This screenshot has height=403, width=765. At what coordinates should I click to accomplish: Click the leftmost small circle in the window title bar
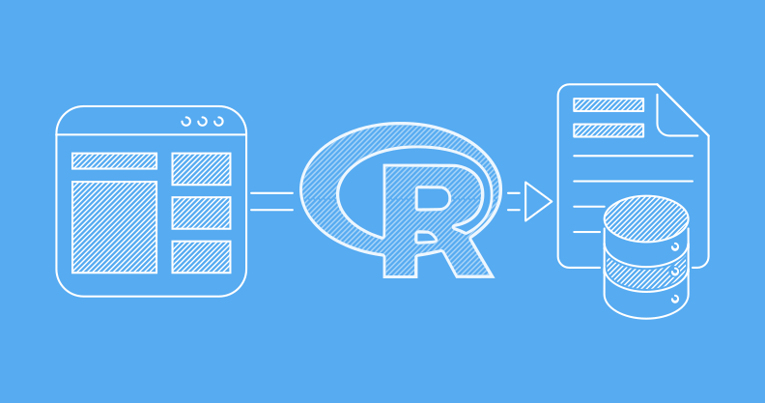tap(185, 121)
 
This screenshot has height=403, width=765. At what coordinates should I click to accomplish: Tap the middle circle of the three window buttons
tap(203, 121)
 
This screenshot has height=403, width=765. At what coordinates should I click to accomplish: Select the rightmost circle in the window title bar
tap(218, 121)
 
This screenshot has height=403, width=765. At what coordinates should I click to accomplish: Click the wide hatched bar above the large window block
tap(114, 161)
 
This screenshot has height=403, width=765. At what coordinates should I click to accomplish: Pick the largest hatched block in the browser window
tap(114, 227)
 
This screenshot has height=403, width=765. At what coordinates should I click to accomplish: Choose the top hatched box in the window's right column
tap(201, 169)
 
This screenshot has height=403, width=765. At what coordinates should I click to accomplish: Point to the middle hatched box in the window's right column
tap(201, 213)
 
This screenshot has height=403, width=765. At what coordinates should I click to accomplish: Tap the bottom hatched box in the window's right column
tap(201, 257)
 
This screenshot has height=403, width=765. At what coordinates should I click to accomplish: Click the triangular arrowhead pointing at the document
tap(538, 201)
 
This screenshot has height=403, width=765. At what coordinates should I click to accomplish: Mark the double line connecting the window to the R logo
tap(271, 201)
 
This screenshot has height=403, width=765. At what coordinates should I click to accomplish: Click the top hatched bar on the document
tap(609, 105)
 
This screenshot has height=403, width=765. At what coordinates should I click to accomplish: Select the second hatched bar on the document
tap(609, 130)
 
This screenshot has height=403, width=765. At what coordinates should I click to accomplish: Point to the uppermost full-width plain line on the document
tap(633, 156)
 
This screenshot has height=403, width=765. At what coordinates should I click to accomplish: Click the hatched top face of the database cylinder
tap(646, 218)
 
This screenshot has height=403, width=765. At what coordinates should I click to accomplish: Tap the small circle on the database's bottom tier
tap(675, 299)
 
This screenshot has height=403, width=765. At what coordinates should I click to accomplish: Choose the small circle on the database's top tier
tap(675, 247)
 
